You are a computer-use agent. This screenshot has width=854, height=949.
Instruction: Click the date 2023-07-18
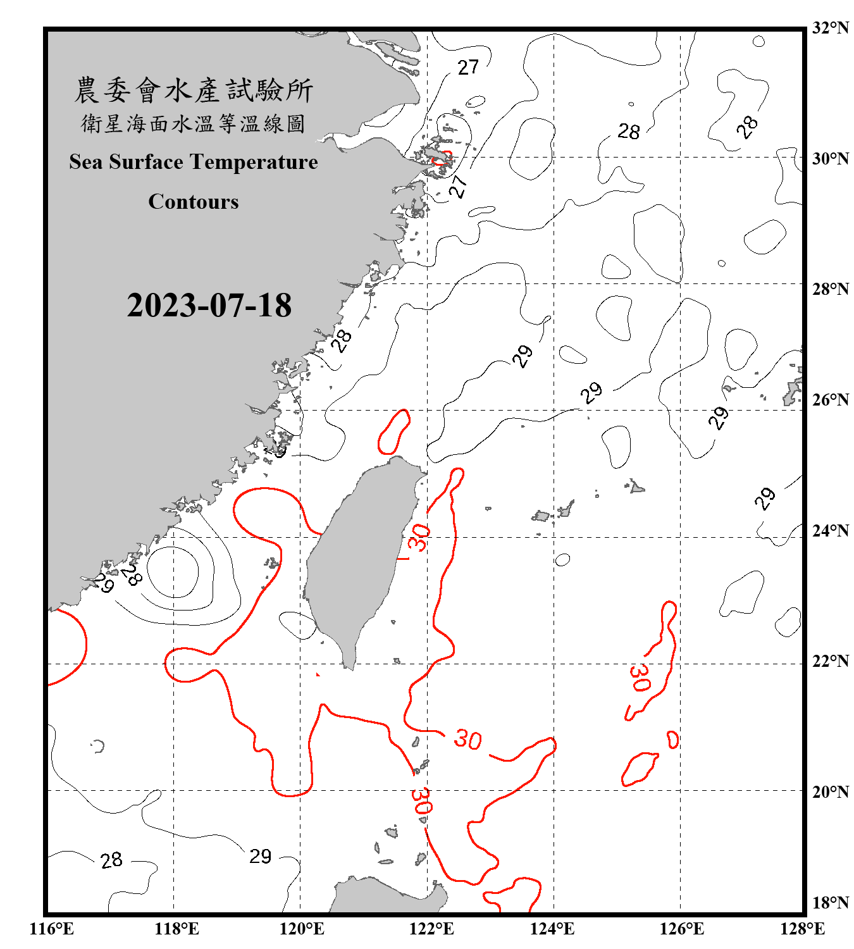tap(209, 305)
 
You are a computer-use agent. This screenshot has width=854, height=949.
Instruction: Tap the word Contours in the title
tap(194, 202)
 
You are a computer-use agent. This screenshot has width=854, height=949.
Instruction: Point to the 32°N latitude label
tap(831, 28)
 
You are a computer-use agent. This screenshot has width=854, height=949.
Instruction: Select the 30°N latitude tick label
tap(831, 158)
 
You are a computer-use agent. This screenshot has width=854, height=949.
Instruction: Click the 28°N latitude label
tap(831, 289)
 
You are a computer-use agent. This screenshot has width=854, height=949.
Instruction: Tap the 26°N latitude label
tap(831, 400)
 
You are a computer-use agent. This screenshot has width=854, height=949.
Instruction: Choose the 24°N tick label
tap(831, 530)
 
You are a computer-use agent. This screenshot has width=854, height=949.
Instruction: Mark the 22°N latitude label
tap(831, 661)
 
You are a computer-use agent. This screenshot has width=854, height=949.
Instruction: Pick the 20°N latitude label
tap(831, 791)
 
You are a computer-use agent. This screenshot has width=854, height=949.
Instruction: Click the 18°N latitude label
tap(831, 903)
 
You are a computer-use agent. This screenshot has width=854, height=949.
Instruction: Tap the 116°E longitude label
tap(52, 929)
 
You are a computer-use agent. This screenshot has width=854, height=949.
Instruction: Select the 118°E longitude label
tap(176, 929)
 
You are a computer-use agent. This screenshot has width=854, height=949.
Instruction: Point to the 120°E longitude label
tap(302, 929)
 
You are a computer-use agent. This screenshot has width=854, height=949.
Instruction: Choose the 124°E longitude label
tap(552, 929)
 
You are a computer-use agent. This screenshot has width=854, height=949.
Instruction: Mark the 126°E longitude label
tap(681, 929)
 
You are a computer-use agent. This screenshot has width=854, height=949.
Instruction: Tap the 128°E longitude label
tap(802, 929)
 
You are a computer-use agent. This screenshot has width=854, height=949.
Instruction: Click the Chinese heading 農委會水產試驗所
tap(194, 90)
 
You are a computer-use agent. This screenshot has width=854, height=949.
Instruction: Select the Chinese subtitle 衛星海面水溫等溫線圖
tap(194, 123)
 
